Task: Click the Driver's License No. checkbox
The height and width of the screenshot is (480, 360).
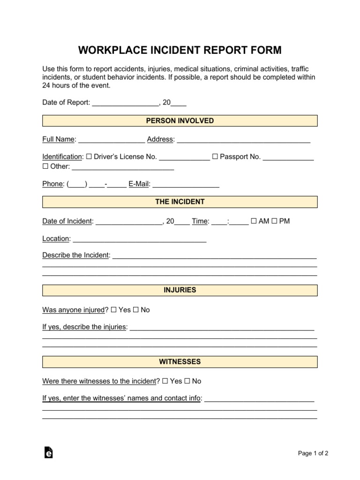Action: pyautogui.click(x=89, y=157)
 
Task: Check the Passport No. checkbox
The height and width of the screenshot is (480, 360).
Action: pyautogui.click(x=215, y=157)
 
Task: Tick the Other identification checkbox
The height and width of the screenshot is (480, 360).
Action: pyautogui.click(x=45, y=166)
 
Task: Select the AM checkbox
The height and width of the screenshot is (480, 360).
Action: pyautogui.click(x=254, y=221)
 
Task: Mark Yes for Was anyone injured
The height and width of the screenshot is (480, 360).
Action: pyautogui.click(x=114, y=310)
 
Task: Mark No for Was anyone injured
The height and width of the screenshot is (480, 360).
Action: pyautogui.click(x=136, y=310)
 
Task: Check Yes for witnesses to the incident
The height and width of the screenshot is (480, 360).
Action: pyautogui.click(x=165, y=381)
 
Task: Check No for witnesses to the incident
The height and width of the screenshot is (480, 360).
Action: pyautogui.click(x=187, y=381)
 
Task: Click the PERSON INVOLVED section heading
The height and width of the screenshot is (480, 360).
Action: pyautogui.click(x=180, y=121)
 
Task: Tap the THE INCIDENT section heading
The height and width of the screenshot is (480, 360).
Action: pyautogui.click(x=180, y=202)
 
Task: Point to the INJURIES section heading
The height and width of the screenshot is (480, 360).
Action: pyautogui.click(x=180, y=291)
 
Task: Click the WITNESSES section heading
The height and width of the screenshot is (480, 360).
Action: pyautogui.click(x=180, y=362)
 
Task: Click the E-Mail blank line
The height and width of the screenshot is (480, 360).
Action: pyautogui.click(x=186, y=185)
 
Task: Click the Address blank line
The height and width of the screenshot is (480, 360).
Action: pyautogui.click(x=243, y=140)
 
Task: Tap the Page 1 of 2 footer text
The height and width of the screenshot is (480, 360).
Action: pyautogui.click(x=313, y=453)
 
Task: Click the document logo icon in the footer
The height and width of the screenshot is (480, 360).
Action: pyautogui.click(x=48, y=452)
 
